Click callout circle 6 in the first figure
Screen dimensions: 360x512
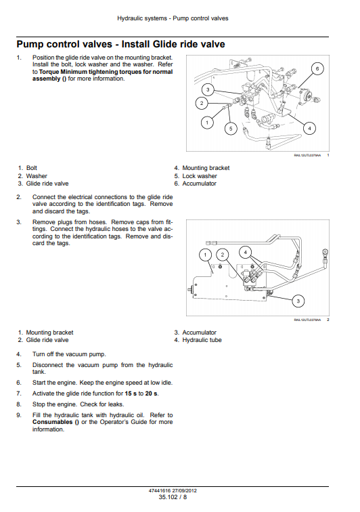(x=317, y=68)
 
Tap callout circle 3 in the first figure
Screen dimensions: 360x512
(x=208, y=89)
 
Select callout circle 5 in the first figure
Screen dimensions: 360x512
(x=231, y=128)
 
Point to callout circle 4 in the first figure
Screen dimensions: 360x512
(x=309, y=128)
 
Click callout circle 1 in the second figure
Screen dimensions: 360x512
(x=205, y=255)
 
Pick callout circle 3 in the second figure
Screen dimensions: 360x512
(x=298, y=301)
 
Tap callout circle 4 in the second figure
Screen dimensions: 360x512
(x=246, y=252)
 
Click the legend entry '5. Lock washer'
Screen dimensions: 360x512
(x=196, y=176)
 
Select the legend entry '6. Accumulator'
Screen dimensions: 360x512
(x=195, y=184)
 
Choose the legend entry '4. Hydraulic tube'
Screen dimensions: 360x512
(x=198, y=340)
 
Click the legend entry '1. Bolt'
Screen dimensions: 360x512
(x=28, y=168)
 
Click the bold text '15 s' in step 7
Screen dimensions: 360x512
(x=131, y=393)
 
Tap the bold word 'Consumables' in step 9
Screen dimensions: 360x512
(x=52, y=422)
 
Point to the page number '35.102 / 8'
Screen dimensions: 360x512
(x=173, y=497)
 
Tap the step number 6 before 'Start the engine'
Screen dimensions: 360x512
(x=18, y=383)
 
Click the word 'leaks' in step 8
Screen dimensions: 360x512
(x=116, y=404)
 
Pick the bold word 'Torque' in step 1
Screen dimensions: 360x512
(x=49, y=72)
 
